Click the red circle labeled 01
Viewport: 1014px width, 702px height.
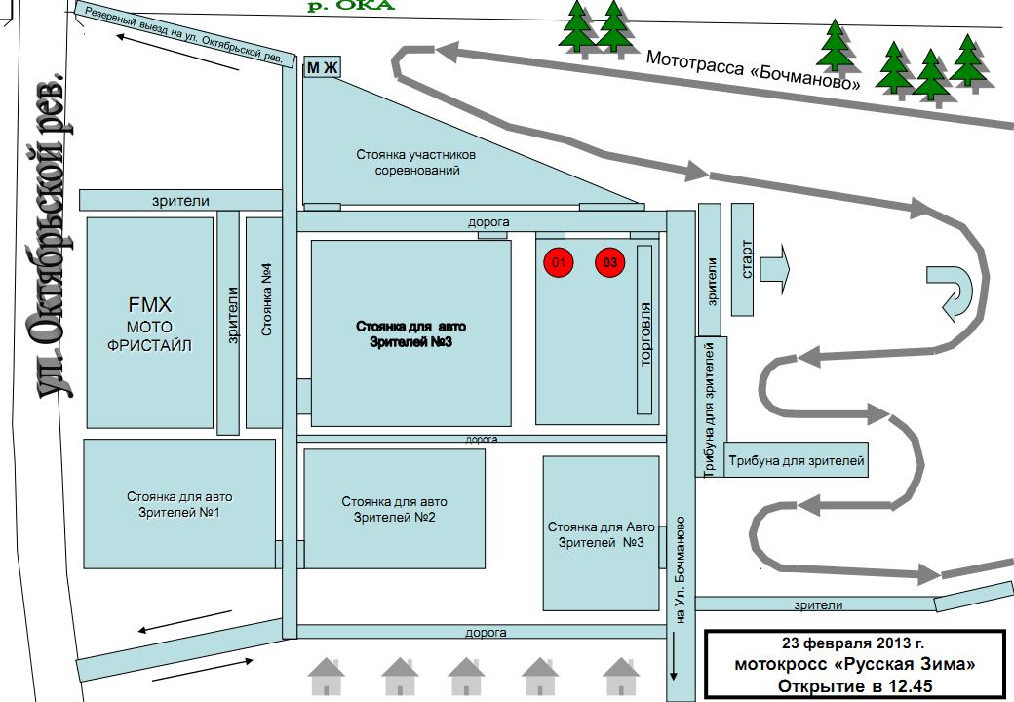click(559, 263)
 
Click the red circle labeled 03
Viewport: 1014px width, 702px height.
click(610, 263)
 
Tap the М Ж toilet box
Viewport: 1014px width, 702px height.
click(322, 67)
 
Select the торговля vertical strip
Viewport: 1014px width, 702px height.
click(644, 330)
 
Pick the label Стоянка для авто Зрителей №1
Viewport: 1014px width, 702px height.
click(179, 504)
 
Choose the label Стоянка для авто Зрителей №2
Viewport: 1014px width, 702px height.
click(394, 508)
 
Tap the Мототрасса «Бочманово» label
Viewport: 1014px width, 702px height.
click(754, 72)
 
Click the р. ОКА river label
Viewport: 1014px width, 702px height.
click(352, 6)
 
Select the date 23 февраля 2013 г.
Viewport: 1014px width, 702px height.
click(853, 644)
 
